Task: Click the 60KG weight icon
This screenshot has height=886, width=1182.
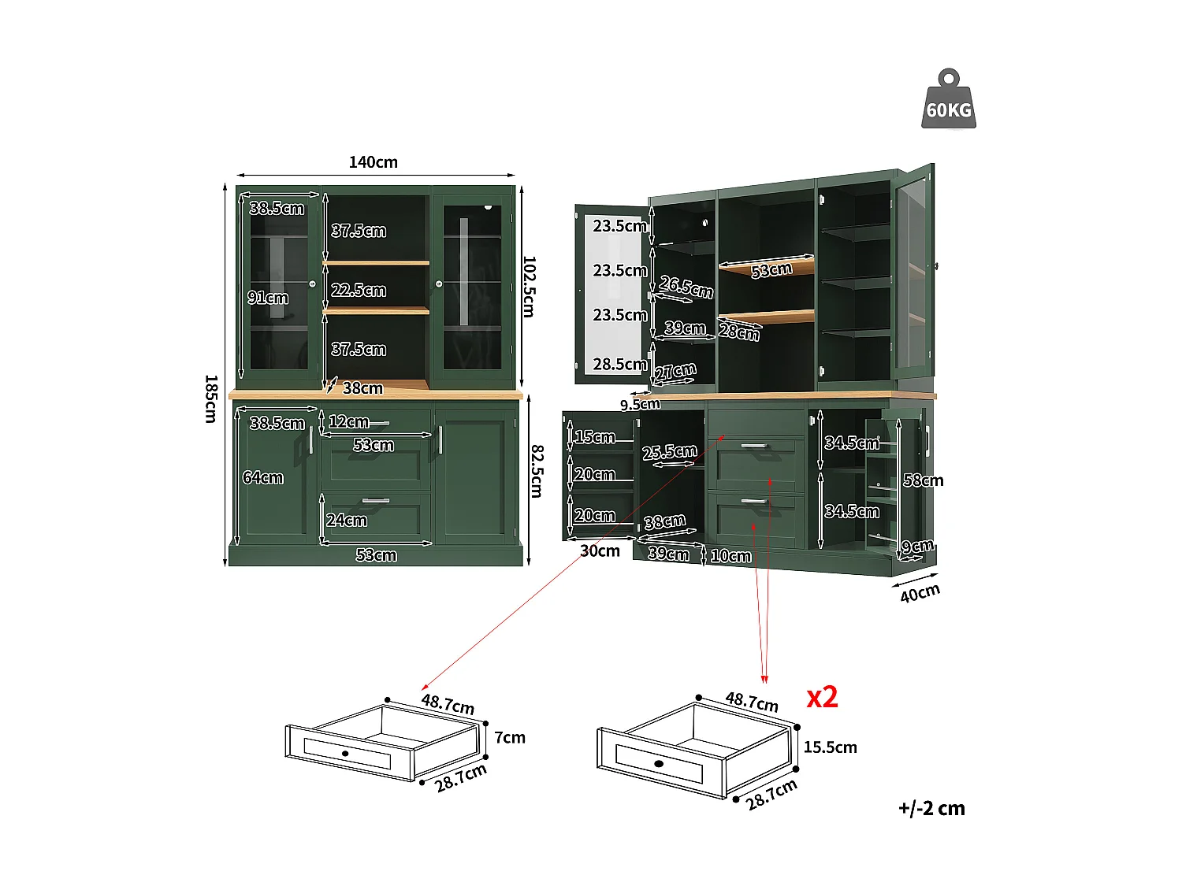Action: [x=948, y=99]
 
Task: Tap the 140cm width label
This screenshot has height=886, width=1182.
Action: [x=374, y=162]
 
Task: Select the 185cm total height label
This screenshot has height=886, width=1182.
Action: [x=211, y=399]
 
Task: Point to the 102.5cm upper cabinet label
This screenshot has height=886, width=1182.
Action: [x=529, y=287]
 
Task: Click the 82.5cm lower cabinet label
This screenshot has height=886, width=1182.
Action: [x=537, y=471]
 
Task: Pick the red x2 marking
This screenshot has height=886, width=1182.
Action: [x=822, y=697]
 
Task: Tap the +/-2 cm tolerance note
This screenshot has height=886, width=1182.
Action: [x=931, y=808]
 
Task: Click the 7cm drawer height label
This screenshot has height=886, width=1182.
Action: [x=509, y=737]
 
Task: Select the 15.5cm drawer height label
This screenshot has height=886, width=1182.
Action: [x=830, y=747]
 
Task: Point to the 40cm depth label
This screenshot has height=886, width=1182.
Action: [x=920, y=593]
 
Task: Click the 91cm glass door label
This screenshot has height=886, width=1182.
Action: [x=268, y=298]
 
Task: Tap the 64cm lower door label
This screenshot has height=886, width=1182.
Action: [x=262, y=477]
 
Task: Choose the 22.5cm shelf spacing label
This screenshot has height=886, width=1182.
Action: [x=359, y=290]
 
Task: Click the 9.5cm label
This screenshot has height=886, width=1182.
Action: [x=640, y=404]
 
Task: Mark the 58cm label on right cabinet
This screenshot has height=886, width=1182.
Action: [x=923, y=480]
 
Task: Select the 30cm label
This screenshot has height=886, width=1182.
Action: [x=600, y=551]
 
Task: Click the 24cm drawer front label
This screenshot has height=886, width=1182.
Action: [x=347, y=520]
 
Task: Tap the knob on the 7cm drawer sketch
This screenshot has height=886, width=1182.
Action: [x=345, y=753]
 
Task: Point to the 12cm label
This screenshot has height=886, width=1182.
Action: [x=349, y=421]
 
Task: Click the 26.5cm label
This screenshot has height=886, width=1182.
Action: [x=686, y=287]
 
